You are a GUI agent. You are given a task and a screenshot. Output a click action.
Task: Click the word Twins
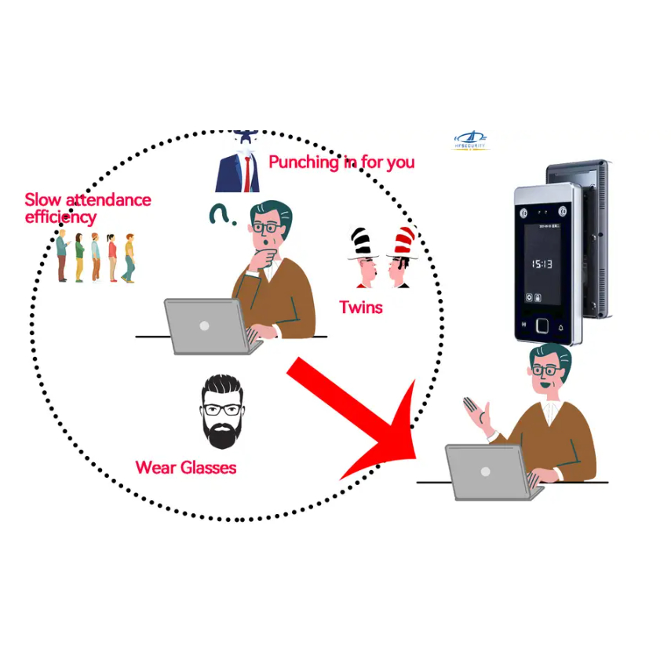tap(361, 307)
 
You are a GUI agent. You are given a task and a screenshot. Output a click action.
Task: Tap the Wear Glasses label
tap(186, 468)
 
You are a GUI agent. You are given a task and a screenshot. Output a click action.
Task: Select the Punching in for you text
tap(341, 162)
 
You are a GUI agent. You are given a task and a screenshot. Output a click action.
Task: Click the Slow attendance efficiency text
tap(86, 208)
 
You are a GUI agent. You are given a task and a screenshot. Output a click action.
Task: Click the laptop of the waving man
tap(488, 471)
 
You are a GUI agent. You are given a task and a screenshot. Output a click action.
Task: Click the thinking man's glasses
tap(267, 228)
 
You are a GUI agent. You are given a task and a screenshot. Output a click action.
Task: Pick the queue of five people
tap(95, 257)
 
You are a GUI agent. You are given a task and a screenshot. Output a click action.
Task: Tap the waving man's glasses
tap(546, 370)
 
